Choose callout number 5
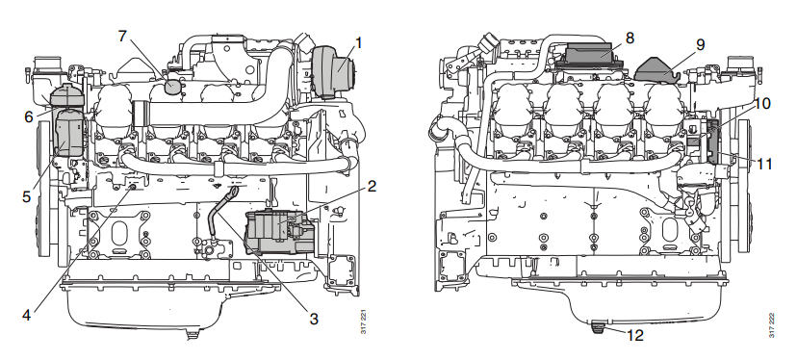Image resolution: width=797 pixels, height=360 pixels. click(27, 195)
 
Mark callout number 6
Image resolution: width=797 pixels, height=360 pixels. click(29, 116)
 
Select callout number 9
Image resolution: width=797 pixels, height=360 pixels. click(700, 43)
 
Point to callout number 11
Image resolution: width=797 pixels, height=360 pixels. click(762, 164)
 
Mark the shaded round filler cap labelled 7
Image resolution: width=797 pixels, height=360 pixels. click(173, 86)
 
